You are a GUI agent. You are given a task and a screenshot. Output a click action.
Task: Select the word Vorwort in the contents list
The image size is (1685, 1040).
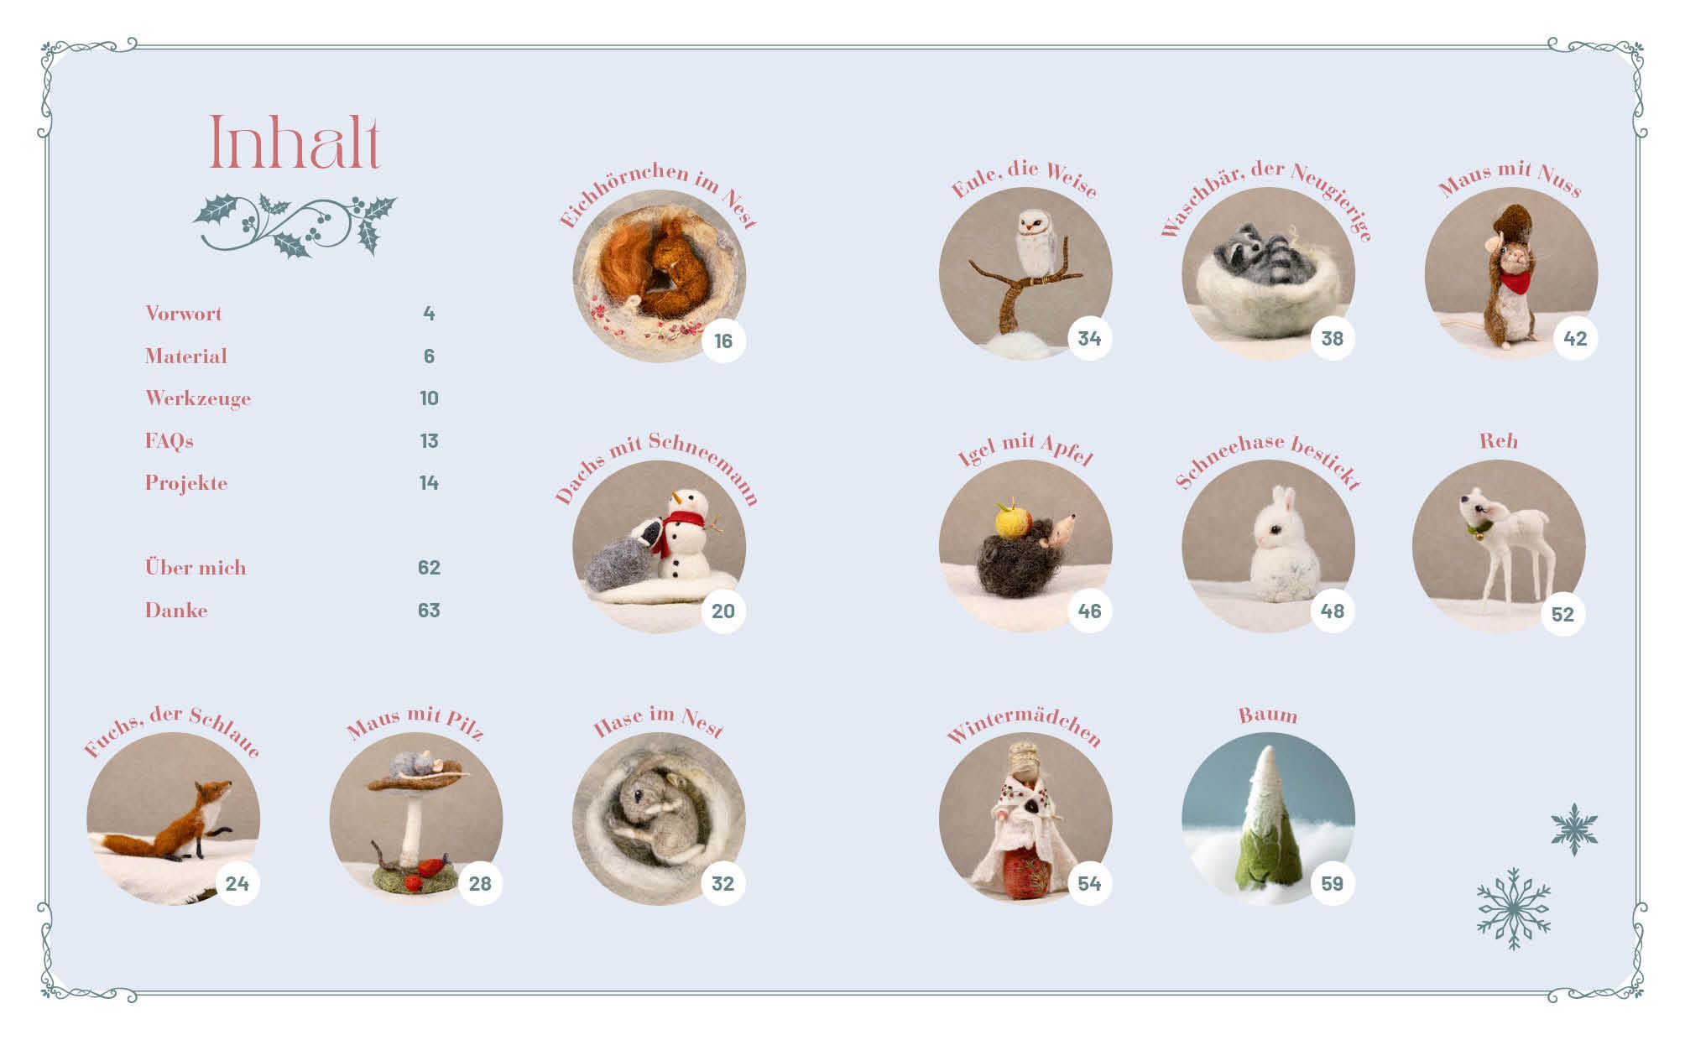[184, 314]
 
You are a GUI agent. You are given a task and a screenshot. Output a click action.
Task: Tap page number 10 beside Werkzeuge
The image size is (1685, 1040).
[429, 398]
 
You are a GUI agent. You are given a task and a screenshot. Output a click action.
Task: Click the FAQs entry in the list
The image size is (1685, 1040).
[169, 440]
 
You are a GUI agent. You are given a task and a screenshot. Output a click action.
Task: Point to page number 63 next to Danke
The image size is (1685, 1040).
[429, 611]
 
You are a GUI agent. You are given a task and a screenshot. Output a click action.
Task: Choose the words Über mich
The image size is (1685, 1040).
[196, 567]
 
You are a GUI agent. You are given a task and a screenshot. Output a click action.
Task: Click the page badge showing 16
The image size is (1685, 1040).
[723, 341]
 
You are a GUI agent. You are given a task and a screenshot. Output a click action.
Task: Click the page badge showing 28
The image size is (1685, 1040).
[480, 883]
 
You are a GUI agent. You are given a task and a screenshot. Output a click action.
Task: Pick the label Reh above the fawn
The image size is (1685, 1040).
[1498, 441]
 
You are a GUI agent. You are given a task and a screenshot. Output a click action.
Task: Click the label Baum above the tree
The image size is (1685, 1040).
[1268, 715]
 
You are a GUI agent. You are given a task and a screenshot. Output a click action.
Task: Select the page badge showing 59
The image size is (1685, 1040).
[1332, 883]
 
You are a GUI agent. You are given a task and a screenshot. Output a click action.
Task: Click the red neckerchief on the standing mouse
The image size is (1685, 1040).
[1512, 281]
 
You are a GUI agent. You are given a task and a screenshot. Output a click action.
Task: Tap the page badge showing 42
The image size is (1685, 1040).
[1575, 339]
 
